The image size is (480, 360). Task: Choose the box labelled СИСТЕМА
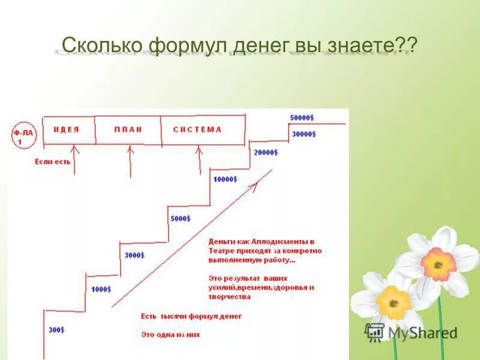[198, 130]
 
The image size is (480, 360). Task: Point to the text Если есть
[52, 161]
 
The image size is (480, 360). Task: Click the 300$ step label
[57, 330]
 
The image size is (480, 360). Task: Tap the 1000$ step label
[101, 289]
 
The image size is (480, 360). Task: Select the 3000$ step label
[134, 255]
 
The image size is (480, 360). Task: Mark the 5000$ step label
[180, 218]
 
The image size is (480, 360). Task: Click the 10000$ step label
[225, 179]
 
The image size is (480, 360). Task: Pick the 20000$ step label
[265, 152]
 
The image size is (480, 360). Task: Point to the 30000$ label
[304, 134]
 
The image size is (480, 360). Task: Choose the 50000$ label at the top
[302, 117]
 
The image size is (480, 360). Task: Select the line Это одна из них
[170, 334]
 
